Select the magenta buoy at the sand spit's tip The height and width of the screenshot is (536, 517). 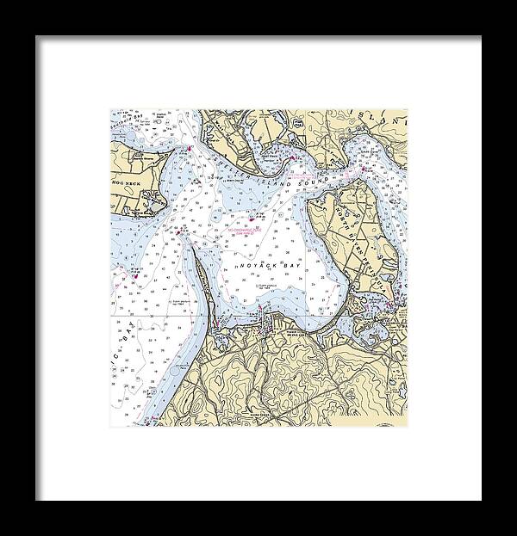tap(178, 233)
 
